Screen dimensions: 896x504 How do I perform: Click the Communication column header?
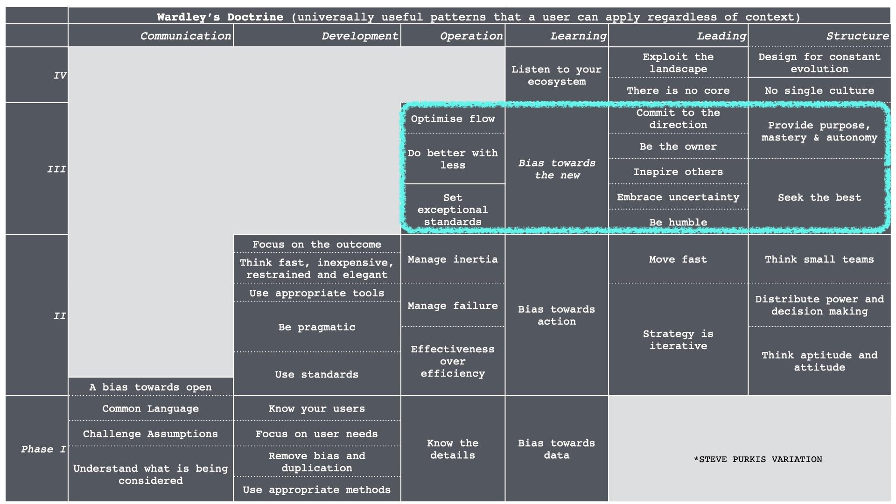point(186,36)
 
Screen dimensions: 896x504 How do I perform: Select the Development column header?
point(360,36)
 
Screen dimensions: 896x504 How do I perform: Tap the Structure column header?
point(858,36)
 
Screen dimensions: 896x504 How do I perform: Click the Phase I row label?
point(43,449)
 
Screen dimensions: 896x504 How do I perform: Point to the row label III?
point(56,169)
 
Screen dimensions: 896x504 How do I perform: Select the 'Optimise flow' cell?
point(453,119)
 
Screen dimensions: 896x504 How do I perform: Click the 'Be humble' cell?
point(678,222)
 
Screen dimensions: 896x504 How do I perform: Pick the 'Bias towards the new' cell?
point(557,169)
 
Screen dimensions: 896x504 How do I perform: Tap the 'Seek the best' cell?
point(819,197)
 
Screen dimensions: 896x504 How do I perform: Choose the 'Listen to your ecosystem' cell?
point(557,75)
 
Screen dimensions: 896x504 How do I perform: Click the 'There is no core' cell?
point(678,91)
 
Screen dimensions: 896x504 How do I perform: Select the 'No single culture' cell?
point(819,91)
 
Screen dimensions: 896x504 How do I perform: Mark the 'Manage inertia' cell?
point(453,259)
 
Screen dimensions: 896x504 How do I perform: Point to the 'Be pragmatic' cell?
point(317,327)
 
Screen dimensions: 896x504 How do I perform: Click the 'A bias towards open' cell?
point(150,387)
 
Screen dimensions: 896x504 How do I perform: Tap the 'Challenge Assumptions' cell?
point(150,434)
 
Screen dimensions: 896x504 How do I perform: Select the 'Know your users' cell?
point(317,408)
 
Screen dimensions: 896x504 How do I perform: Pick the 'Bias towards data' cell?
point(557,449)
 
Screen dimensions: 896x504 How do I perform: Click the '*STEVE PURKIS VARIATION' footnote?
point(758,459)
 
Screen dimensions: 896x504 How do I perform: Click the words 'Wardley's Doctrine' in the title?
point(220,17)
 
